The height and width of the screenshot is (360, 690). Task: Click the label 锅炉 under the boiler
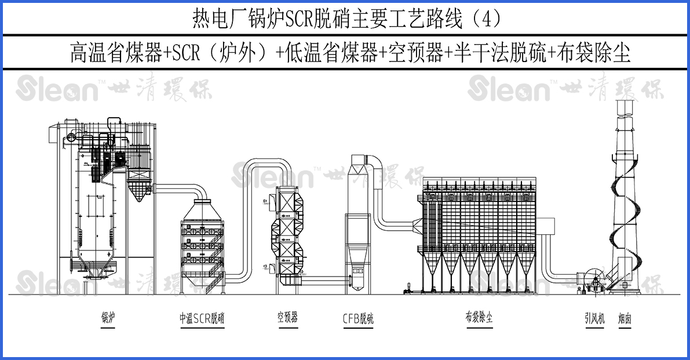coord(108,318)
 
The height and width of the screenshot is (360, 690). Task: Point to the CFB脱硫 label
coord(358,318)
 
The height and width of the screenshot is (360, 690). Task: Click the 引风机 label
coord(594,318)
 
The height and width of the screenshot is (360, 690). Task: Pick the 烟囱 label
coord(624,318)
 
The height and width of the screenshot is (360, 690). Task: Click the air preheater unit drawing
coord(287,235)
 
